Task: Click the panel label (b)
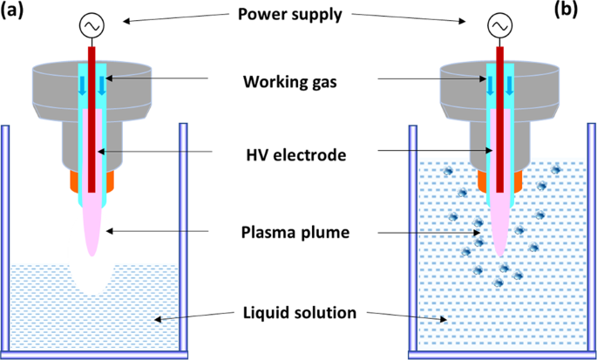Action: tap(579, 13)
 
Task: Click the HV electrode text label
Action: tap(295, 154)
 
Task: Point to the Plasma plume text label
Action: tap(295, 234)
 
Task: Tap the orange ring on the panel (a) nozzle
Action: tap(71, 180)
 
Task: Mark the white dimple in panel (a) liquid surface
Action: tap(95, 279)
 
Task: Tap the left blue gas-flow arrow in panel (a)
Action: tap(84, 84)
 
